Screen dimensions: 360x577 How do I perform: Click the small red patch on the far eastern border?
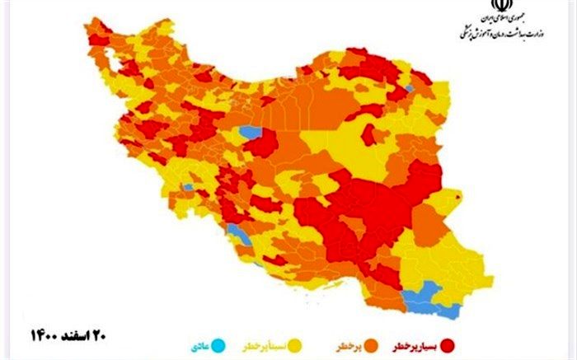tap(456, 195)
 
